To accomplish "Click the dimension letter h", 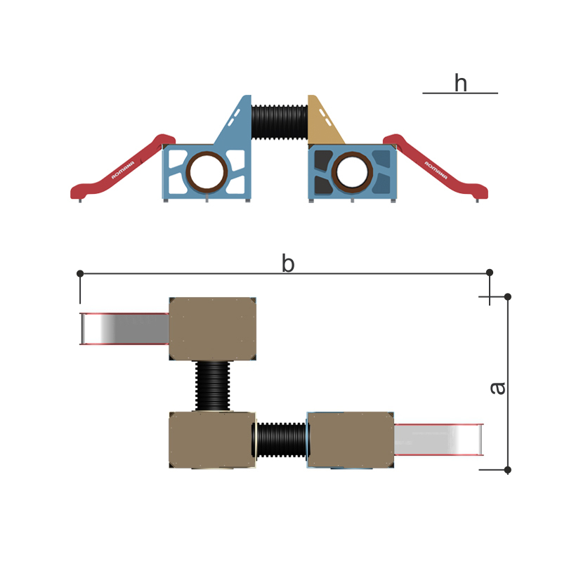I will [x=460, y=84].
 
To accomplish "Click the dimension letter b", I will [x=288, y=264].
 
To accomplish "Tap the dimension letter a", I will [x=497, y=388].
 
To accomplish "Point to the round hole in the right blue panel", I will [x=351, y=171].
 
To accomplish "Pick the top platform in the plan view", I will [x=212, y=328].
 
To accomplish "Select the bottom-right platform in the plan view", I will [x=351, y=440].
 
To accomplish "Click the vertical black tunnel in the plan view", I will [x=212, y=386].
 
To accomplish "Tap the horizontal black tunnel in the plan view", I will [x=281, y=440].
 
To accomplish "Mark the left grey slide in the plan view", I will [x=125, y=329].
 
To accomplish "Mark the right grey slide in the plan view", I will [x=438, y=440].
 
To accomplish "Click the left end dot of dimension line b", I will [x=80, y=273].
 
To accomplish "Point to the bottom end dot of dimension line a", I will [x=508, y=469].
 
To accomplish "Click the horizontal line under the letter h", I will [x=460, y=93].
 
